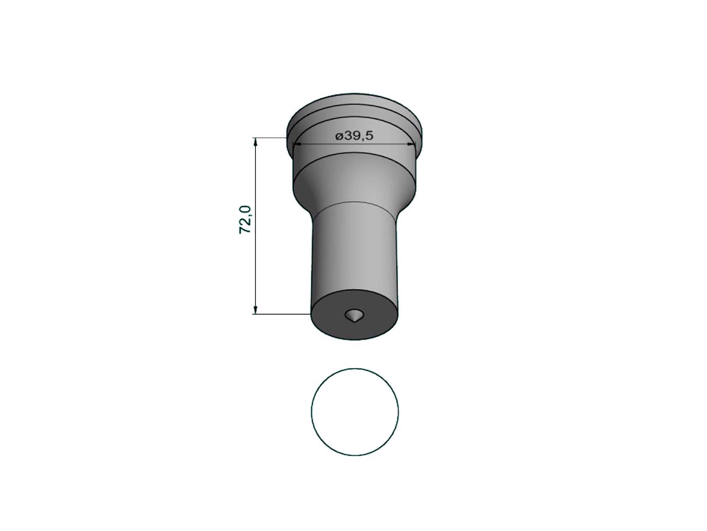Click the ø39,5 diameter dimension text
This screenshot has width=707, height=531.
[x=354, y=136]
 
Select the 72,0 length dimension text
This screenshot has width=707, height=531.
[x=245, y=219]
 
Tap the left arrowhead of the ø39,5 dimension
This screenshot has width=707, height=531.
[x=297, y=144]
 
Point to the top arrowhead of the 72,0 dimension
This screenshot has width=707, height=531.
[x=255, y=142]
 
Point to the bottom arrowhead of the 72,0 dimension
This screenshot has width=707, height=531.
[x=255, y=309]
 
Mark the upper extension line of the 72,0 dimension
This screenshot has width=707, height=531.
[x=269, y=138]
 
